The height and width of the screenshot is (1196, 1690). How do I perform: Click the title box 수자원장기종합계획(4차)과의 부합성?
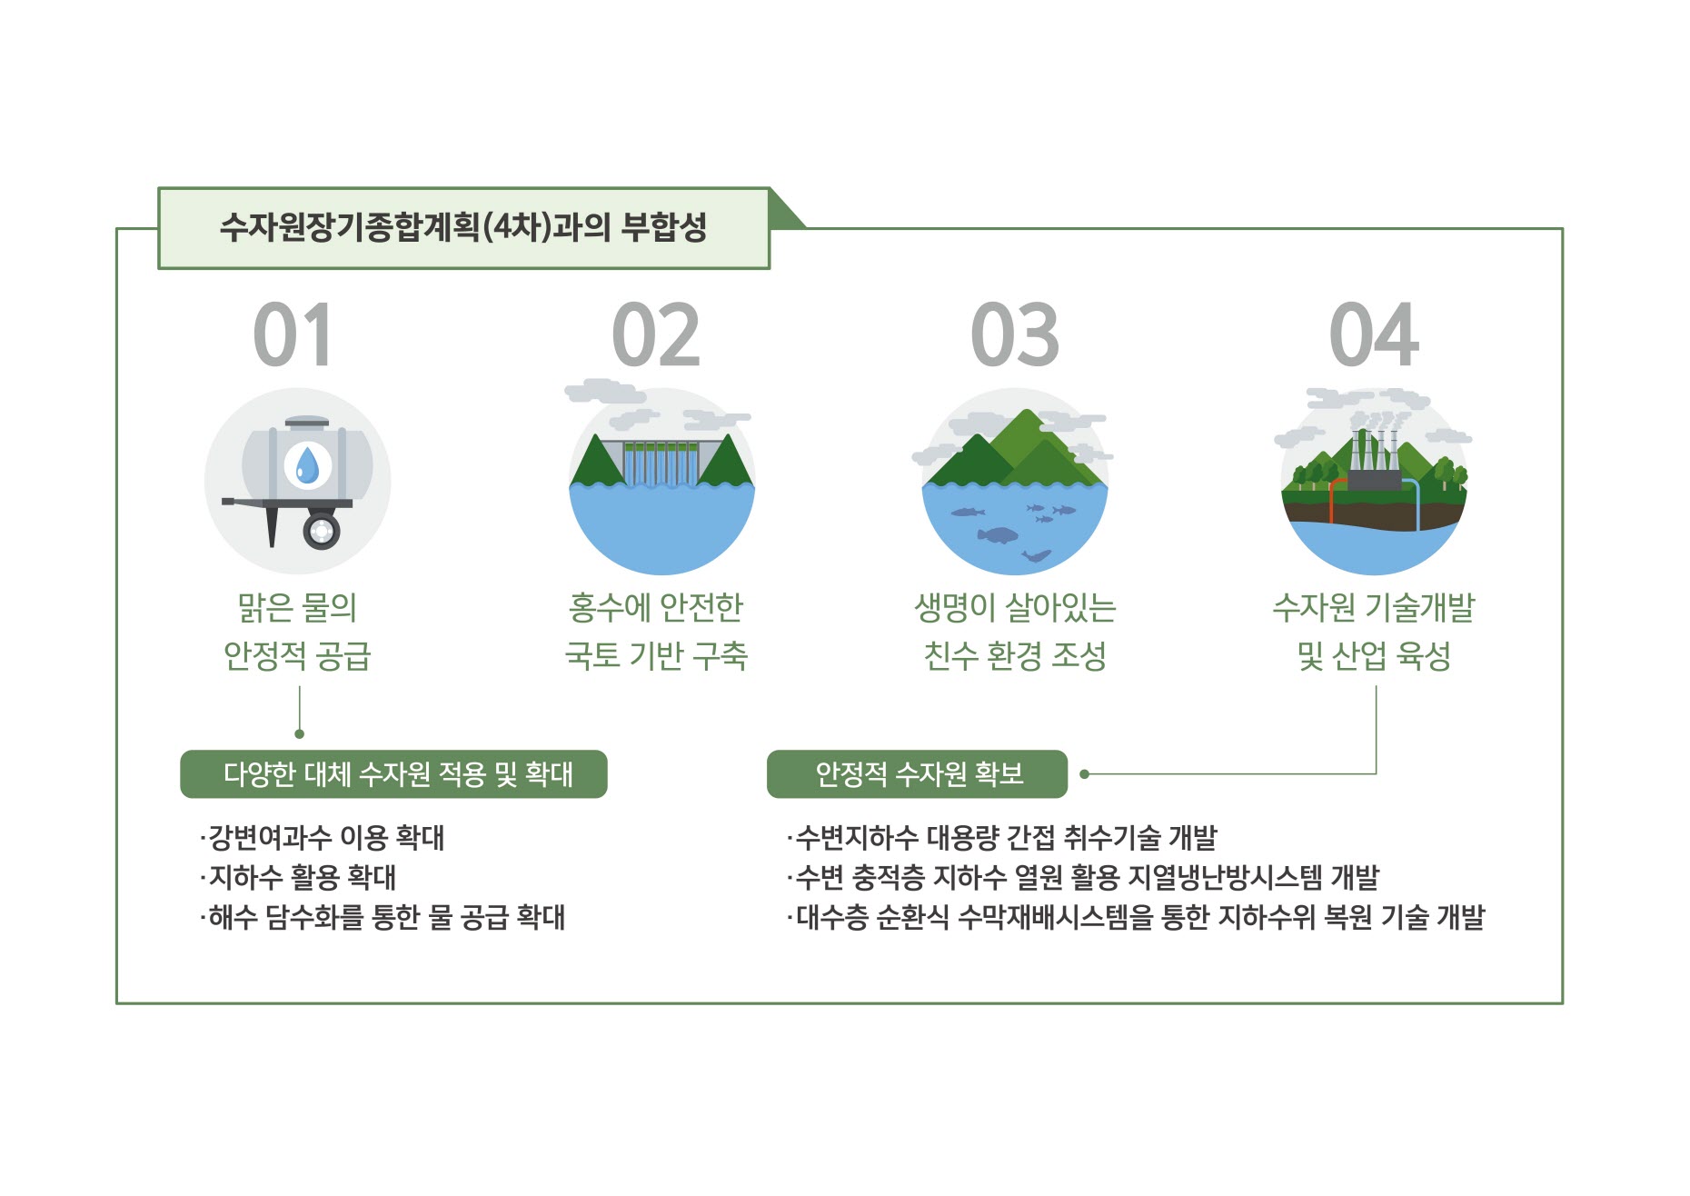463,228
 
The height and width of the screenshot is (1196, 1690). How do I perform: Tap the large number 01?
293,335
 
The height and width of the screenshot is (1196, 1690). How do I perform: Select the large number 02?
656,335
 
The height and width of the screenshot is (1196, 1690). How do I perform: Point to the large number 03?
1015,335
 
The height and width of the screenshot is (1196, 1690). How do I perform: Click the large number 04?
1374,335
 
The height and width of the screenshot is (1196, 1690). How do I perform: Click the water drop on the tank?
308,465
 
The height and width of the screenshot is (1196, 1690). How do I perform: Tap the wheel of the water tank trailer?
322,530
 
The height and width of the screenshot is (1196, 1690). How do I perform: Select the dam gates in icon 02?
661,463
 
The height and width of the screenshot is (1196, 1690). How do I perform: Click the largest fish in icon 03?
999,534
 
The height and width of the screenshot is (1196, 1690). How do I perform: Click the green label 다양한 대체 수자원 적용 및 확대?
393,774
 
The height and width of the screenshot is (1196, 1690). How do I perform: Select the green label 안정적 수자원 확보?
917,774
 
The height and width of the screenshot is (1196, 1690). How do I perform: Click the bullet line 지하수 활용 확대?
298,877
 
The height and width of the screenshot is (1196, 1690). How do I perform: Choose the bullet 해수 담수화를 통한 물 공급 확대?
383,917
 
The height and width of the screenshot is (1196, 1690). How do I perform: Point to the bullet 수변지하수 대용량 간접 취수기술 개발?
1001,837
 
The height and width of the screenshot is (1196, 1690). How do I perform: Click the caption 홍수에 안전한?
656,607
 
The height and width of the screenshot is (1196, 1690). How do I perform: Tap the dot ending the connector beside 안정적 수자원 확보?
1084,774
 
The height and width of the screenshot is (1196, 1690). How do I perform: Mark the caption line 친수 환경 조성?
1015,655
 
